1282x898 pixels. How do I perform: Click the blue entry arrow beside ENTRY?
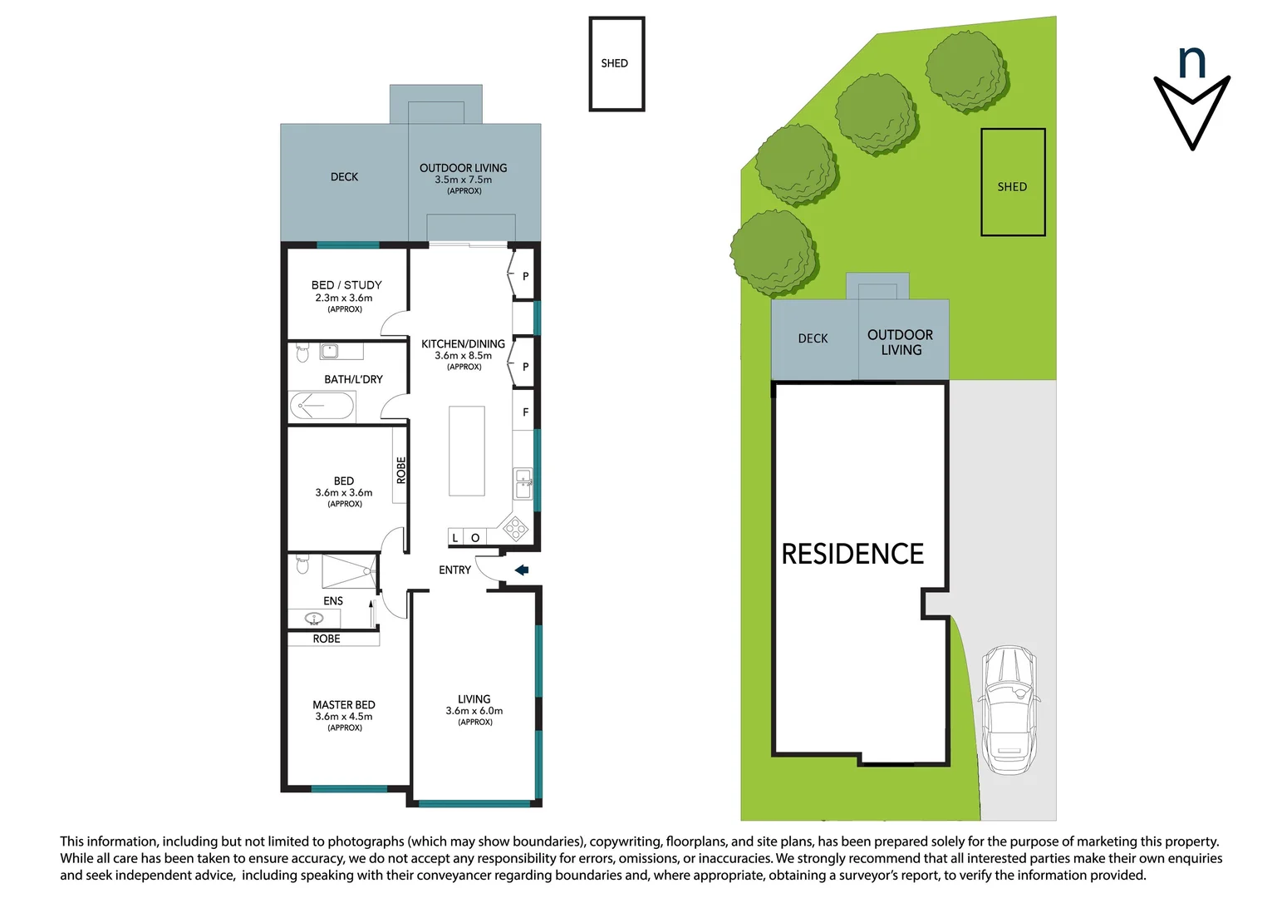pos(522,570)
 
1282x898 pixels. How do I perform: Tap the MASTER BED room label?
pos(344,705)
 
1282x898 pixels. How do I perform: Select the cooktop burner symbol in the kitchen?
pos(515,529)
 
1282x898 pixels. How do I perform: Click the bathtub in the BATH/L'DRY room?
pos(322,406)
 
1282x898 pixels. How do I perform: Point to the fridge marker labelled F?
pos(525,412)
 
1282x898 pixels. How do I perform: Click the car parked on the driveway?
pos(1009,710)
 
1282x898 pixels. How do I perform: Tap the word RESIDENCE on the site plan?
pos(852,554)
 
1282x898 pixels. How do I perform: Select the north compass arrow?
pos(1191,112)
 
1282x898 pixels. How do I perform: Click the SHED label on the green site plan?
pos(1012,187)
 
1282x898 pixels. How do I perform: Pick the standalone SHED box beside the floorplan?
pos(617,63)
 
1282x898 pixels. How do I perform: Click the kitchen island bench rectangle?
pos(466,451)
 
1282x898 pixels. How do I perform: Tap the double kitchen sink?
pos(523,484)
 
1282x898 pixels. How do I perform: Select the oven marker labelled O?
pos(475,538)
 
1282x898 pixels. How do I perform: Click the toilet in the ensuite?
pos(302,564)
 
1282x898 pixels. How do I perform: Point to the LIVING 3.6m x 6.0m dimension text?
pos(474,711)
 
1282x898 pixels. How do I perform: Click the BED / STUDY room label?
pos(346,285)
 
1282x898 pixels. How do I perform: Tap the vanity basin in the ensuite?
pos(313,619)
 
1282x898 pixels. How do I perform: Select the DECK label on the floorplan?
pos(345,177)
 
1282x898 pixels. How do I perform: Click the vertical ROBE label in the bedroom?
pos(400,470)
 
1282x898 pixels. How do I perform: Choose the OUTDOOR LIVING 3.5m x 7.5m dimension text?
pos(463,180)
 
